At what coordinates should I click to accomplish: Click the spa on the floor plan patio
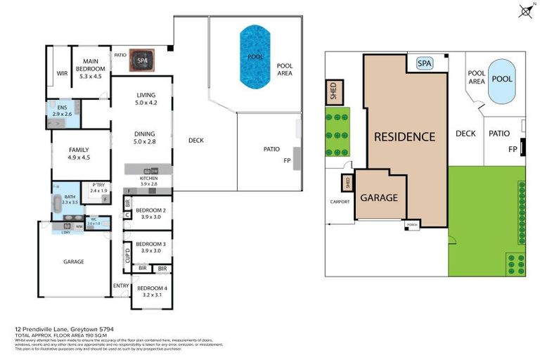coord(142,60)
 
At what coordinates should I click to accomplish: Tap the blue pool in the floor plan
coord(255,56)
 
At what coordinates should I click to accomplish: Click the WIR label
coord(60,72)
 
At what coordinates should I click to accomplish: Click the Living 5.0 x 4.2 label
coord(146,99)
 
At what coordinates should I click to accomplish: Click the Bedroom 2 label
coord(150,214)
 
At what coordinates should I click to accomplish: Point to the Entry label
coord(121,286)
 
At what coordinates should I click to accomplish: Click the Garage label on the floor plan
coord(74,262)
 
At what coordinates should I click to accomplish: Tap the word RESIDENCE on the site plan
coord(404,136)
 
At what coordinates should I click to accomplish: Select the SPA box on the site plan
coord(424,63)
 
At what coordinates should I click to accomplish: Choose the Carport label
coord(340,202)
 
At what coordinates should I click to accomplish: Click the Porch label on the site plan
coord(412,224)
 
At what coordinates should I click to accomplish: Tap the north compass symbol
coord(525,10)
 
